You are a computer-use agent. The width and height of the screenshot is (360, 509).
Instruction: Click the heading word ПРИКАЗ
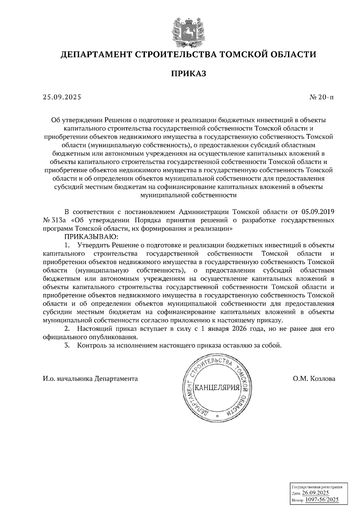[x=189, y=73]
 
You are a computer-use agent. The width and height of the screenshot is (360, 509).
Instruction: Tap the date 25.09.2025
[x=62, y=97]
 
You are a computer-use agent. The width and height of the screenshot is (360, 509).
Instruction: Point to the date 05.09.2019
[x=318, y=212]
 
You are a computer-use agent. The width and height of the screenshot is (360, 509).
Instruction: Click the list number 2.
[x=68, y=329]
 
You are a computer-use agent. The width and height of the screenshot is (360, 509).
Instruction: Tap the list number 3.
[x=68, y=345]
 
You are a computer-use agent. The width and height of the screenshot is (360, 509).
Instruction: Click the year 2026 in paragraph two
[x=239, y=329]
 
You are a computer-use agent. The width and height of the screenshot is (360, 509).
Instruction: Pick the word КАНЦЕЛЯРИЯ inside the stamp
[x=217, y=388]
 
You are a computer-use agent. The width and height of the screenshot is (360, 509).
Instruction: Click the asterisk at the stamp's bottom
[x=217, y=417]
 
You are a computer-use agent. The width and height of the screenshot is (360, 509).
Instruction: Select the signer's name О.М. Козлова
[x=314, y=379]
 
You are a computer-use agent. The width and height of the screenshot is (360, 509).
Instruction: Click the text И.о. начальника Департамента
[x=90, y=379]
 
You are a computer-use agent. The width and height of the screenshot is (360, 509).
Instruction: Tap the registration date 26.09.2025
[x=315, y=493]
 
